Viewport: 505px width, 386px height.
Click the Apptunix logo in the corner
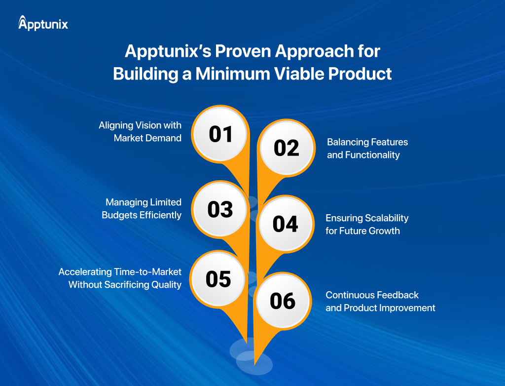[43, 23]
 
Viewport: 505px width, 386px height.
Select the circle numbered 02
[287, 148]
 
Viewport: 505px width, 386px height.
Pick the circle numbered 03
[220, 209]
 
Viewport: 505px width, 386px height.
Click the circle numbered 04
[286, 224]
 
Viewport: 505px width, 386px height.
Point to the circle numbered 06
[283, 301]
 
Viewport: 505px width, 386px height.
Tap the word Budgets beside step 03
[119, 215]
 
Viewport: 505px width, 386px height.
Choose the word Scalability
[387, 218]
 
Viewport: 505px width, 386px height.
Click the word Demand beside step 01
[164, 138]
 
